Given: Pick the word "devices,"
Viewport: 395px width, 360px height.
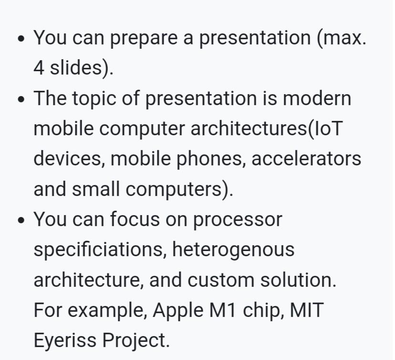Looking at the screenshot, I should (x=68, y=159).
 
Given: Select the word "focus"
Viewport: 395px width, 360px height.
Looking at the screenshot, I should (x=134, y=219).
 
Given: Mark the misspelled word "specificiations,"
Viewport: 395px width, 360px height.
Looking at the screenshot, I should (x=99, y=250).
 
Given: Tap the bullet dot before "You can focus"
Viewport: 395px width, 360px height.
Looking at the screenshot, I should (x=20, y=221).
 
